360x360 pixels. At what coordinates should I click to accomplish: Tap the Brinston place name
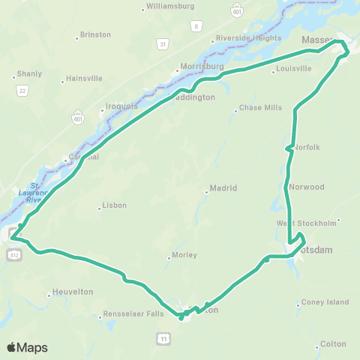click(95, 34)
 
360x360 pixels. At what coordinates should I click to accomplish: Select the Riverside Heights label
click(248, 38)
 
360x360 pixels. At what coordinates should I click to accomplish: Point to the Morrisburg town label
click(201, 66)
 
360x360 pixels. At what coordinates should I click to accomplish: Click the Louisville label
click(293, 68)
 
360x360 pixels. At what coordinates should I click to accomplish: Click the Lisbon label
click(114, 205)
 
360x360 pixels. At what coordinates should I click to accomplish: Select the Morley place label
click(184, 255)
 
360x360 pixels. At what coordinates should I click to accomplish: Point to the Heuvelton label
click(73, 292)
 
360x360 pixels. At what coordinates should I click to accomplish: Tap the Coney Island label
click(325, 302)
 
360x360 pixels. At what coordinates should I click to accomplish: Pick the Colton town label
click(333, 343)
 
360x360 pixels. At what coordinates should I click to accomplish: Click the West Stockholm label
click(306, 223)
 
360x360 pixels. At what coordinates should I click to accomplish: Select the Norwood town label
click(306, 186)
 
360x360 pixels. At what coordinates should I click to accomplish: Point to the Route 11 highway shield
click(163, 339)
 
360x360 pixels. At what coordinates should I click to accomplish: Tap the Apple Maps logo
click(27, 347)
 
